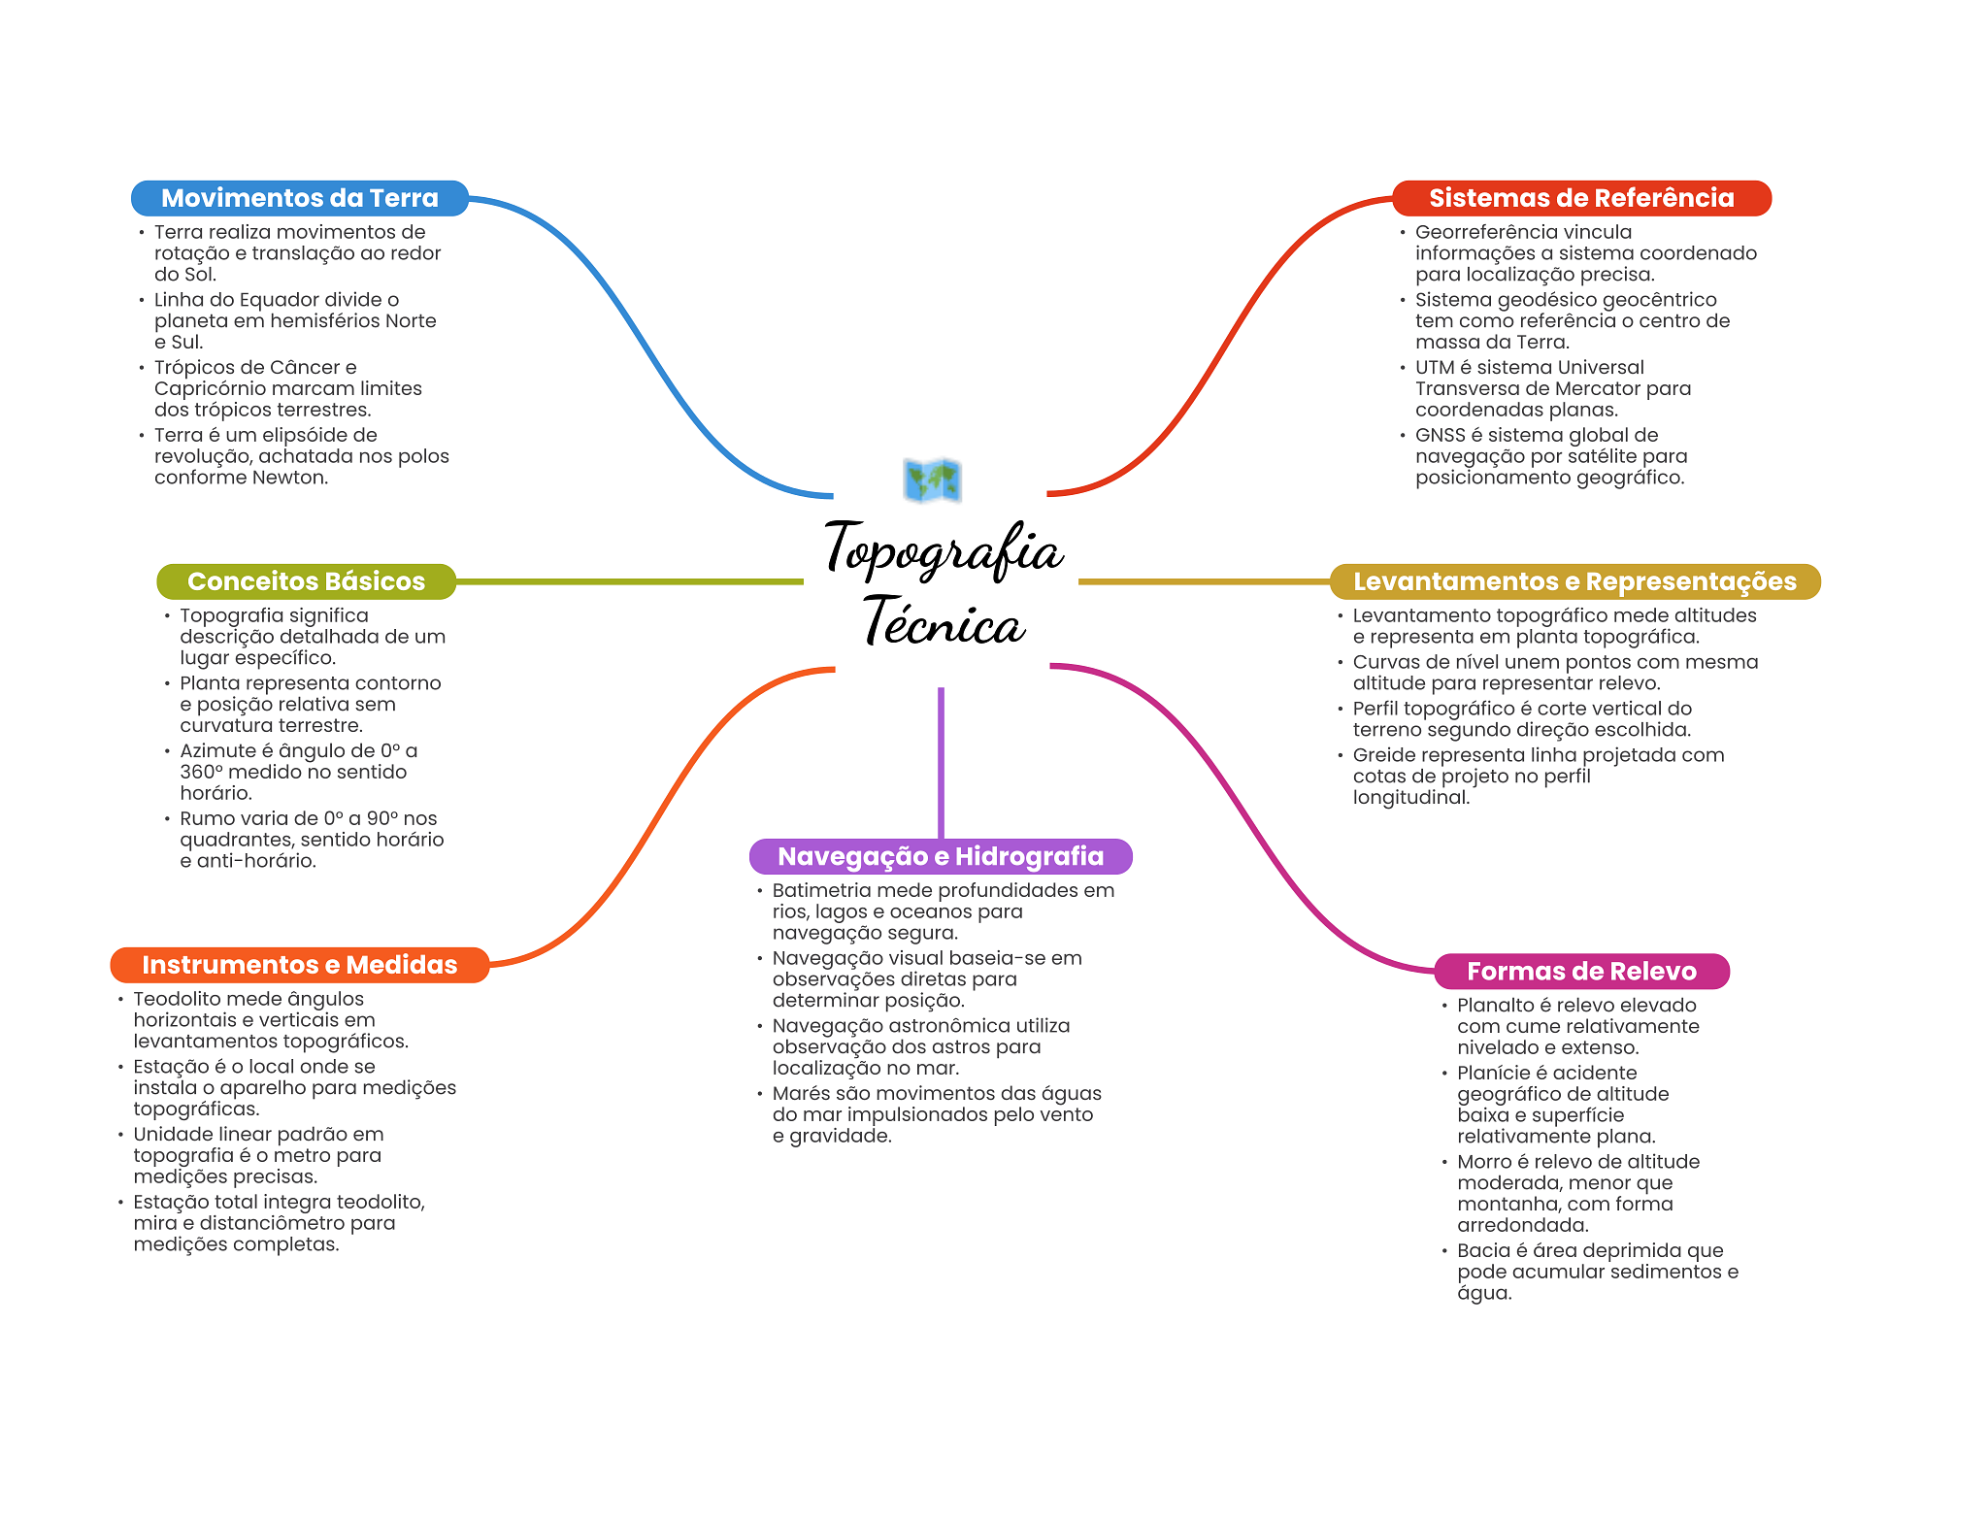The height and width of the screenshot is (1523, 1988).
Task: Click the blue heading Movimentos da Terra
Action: pyautogui.click(x=299, y=198)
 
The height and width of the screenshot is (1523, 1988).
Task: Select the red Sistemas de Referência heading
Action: pyautogui.click(x=1580, y=198)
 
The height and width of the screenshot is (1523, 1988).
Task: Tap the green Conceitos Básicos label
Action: pyautogui.click(x=306, y=581)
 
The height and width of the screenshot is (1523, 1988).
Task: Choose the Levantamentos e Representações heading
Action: pyautogui.click(x=1574, y=581)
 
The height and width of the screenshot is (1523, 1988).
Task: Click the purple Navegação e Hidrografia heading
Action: pyautogui.click(x=940, y=856)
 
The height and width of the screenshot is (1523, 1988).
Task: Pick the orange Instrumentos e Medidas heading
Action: pyautogui.click(x=299, y=965)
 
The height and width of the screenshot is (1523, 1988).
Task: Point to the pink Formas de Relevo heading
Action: pyautogui.click(x=1580, y=972)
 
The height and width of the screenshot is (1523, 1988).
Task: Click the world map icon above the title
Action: pyautogui.click(x=932, y=480)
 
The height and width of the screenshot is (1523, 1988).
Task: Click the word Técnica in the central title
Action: pyautogui.click(x=944, y=622)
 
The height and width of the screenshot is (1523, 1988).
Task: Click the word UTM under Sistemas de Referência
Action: pyautogui.click(x=1434, y=368)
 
